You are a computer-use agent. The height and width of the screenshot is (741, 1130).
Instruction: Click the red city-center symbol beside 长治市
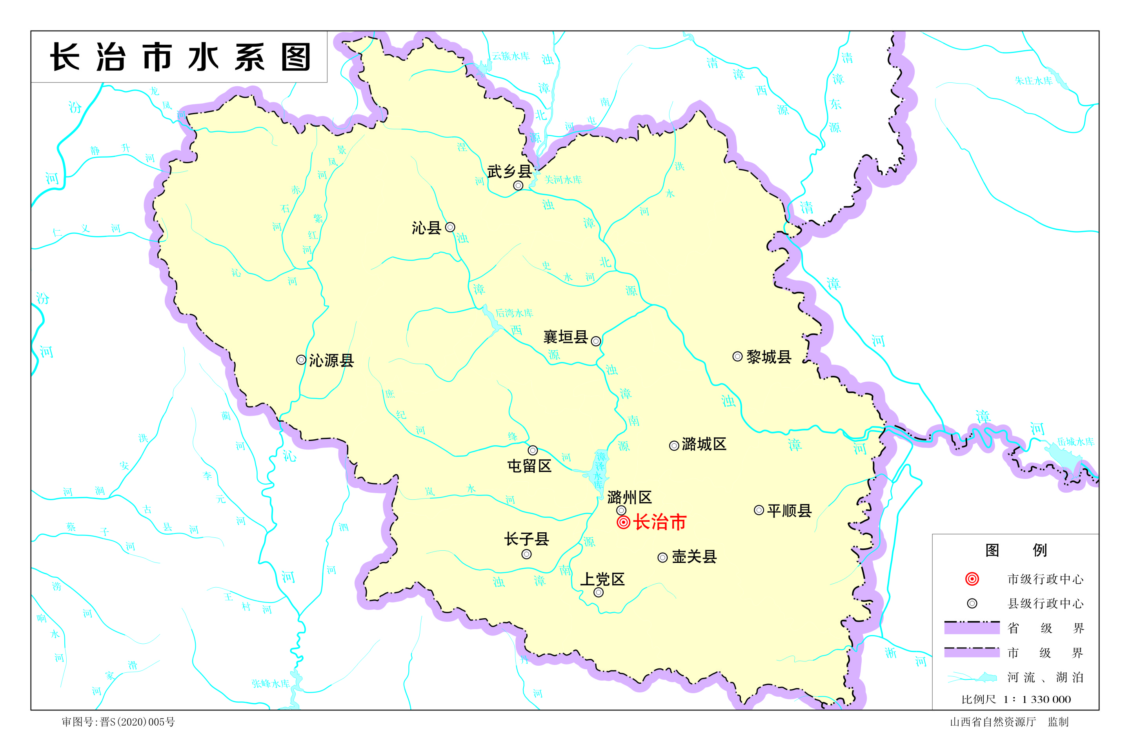pyautogui.click(x=623, y=523)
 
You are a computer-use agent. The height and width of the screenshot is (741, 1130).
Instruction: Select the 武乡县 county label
pyautogui.click(x=509, y=171)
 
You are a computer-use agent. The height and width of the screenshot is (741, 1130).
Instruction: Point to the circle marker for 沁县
pyautogui.click(x=450, y=228)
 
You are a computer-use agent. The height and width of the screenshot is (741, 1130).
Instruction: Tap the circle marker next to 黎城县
pyautogui.click(x=737, y=357)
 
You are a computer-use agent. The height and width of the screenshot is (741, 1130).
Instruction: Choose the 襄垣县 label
pyautogui.click(x=566, y=337)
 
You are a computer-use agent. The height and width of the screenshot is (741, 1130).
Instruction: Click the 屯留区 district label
pyautogui.click(x=530, y=466)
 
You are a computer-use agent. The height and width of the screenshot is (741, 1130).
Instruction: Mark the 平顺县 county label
pyautogui.click(x=789, y=511)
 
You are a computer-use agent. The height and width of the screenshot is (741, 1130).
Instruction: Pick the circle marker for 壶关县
pyautogui.click(x=662, y=558)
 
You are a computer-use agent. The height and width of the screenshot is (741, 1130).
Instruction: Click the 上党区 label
pyautogui.click(x=602, y=579)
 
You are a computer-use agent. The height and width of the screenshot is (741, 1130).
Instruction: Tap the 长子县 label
pyautogui.click(x=526, y=539)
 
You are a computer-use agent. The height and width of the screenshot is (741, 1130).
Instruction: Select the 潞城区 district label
pyautogui.click(x=704, y=444)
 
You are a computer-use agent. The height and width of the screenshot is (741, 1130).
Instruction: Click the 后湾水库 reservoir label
pyautogui.click(x=514, y=313)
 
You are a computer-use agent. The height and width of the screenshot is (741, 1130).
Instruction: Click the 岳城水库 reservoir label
pyautogui.click(x=1075, y=442)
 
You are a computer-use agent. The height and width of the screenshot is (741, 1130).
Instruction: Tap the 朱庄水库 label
pyautogui.click(x=1034, y=81)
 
